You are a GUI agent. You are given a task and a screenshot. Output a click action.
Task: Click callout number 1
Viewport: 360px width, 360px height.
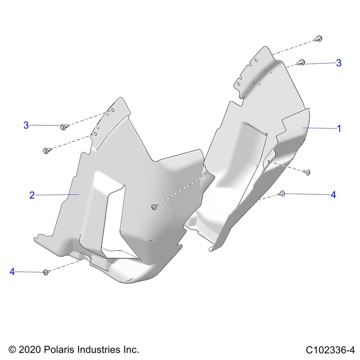coord(339,129)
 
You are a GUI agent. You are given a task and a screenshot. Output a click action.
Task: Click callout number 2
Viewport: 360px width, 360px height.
coord(32,195)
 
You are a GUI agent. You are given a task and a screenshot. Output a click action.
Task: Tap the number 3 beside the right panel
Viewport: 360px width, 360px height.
coord(339,63)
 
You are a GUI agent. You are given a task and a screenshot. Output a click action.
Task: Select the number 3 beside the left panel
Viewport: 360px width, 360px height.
coord(26,125)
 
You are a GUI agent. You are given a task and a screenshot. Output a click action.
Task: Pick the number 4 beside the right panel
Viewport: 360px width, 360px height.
coord(333,195)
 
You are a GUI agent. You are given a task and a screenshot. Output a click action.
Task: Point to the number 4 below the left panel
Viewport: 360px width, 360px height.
coord(12,271)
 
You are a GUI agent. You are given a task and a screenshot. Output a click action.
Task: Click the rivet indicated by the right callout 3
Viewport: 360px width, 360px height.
coord(301,62)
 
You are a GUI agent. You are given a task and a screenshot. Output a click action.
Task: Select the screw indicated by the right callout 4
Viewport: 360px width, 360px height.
coord(282,194)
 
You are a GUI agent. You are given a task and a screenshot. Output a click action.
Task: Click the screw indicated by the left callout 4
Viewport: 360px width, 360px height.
coord(46,272)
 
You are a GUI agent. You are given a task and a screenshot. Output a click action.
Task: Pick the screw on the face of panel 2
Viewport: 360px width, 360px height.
coord(154,207)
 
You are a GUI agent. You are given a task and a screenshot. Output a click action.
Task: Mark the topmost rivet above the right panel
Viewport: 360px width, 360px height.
coord(319,39)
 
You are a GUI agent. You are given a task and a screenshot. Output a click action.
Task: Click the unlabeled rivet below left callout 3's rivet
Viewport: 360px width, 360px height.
coord(46,150)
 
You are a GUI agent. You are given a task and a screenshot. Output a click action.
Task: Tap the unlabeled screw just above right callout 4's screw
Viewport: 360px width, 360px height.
coord(307,172)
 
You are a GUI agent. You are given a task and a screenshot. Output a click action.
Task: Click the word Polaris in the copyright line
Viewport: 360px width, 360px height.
coord(59,350)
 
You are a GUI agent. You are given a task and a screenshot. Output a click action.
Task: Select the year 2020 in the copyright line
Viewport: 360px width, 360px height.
coord(30,350)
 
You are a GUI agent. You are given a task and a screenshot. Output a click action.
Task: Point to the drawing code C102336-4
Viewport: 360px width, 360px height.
coord(330,350)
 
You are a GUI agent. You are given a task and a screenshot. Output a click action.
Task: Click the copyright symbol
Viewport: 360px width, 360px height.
coord(12,350)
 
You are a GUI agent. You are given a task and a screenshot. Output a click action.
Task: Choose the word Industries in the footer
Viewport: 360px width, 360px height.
coord(99,350)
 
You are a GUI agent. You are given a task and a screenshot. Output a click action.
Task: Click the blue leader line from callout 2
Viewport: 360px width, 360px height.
coord(57,195)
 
